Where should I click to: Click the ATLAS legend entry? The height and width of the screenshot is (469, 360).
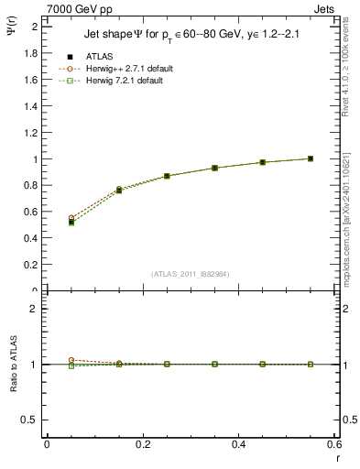pos(99,57)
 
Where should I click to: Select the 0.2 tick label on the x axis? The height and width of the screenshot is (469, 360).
pos(143,445)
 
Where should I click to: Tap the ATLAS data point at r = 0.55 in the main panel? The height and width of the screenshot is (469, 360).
pos(311,158)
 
